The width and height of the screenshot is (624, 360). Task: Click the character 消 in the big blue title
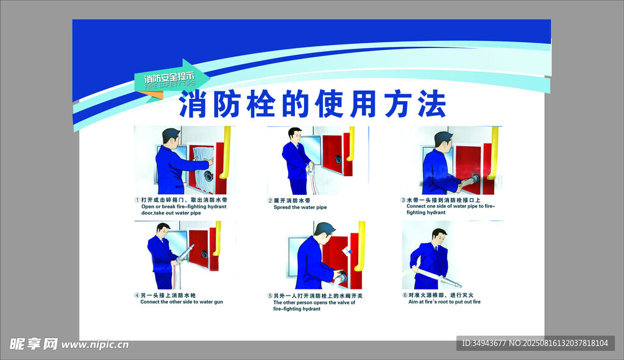pos(193,104)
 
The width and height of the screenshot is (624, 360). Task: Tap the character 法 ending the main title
pos(431,104)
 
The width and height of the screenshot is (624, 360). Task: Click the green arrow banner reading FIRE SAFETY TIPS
pos(172,79)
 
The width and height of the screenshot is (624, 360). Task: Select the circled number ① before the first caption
pos(137,200)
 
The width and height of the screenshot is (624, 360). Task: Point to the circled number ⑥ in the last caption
pos(405,295)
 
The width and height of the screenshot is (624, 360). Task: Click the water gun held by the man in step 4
pos(185,253)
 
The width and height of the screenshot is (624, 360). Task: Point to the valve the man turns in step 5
pos(341,276)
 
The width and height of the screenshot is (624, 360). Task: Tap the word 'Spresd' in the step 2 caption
pos(282,207)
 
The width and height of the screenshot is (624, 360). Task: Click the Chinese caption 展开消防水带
pos(292,200)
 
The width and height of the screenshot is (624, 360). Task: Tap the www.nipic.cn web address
pos(95,345)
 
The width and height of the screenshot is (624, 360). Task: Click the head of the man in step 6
pos(439,237)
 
